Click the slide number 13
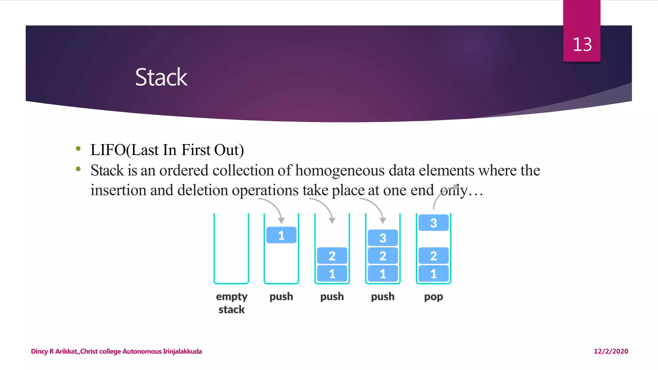[x=582, y=44]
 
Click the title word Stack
[x=161, y=77]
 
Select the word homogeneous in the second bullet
[x=340, y=171]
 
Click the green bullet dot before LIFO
[x=78, y=148]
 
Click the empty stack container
[x=231, y=249]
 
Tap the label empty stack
[x=231, y=303]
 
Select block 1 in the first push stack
[x=281, y=235]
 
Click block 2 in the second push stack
[x=332, y=256]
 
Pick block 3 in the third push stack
[x=383, y=238]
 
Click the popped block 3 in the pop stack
[x=433, y=223]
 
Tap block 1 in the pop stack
[x=433, y=274]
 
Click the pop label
[x=433, y=297]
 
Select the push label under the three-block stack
[x=383, y=296]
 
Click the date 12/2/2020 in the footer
[x=610, y=351]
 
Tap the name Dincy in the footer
[x=39, y=351]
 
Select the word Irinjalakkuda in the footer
[x=182, y=351]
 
